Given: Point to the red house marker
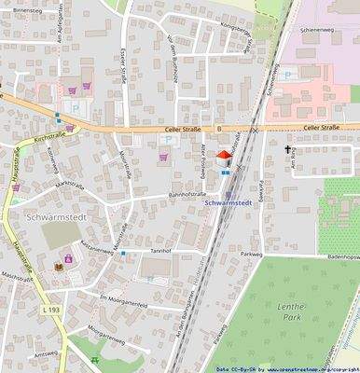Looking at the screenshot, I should (224, 159).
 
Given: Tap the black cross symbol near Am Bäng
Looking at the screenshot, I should (287, 149).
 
